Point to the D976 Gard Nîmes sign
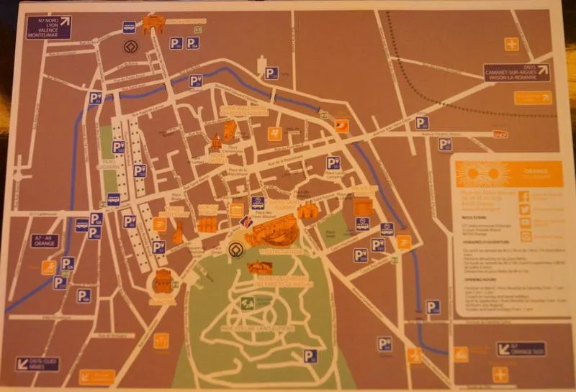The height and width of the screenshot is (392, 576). pos(37,363)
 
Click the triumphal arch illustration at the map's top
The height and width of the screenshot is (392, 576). pos(153,24)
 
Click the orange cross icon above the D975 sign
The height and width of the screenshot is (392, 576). pos(511,44)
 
